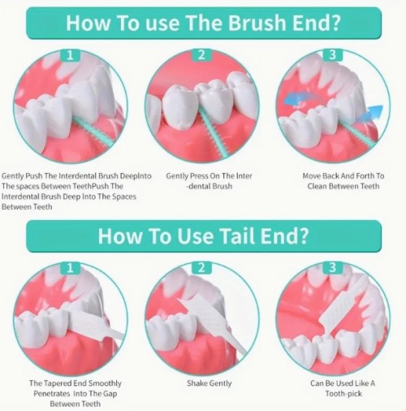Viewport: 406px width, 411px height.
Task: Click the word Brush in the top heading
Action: click(257, 23)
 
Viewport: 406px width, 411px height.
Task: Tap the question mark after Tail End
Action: click(303, 236)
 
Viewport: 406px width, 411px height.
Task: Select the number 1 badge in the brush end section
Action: click(70, 55)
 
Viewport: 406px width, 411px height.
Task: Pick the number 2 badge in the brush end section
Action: click(201, 55)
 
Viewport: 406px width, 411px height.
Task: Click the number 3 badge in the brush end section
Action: click(333, 55)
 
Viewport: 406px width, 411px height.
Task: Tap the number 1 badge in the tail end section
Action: click(70, 268)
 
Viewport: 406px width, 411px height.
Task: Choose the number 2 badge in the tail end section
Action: click(201, 268)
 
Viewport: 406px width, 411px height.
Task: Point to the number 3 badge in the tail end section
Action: click(333, 268)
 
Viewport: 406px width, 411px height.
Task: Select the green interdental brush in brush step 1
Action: click(94, 132)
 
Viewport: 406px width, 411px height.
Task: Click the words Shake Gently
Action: click(209, 383)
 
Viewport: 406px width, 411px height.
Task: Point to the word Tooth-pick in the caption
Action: click(343, 393)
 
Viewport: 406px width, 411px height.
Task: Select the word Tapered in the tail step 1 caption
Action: click(54, 383)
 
